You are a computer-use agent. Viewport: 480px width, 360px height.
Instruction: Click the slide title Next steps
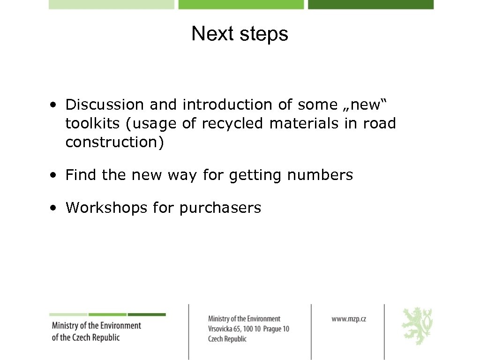[240, 34]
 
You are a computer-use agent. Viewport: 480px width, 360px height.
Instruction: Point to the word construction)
[115, 142]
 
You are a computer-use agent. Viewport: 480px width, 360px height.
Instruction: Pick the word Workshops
[106, 208]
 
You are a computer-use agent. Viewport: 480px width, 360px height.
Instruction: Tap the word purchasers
[220, 208]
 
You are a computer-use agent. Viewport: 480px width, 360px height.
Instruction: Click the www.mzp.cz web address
[349, 319]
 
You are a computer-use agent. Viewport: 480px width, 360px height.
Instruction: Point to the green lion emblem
[417, 326]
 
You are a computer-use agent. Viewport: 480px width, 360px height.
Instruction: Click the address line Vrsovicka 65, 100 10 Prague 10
[248, 329]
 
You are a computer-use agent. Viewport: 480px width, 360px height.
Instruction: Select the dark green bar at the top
[371, 4]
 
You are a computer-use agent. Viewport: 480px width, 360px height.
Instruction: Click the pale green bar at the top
[112, 4]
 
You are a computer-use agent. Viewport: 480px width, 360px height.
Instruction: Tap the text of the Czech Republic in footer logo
[86, 337]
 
